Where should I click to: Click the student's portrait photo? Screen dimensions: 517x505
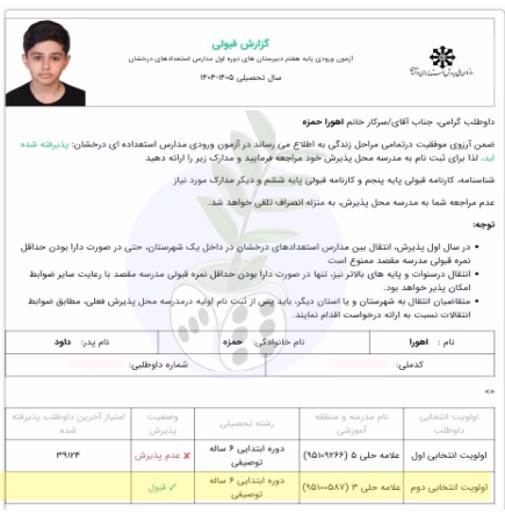point(45,63)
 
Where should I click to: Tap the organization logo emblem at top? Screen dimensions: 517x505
point(443,58)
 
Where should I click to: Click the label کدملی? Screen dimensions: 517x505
point(412,364)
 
